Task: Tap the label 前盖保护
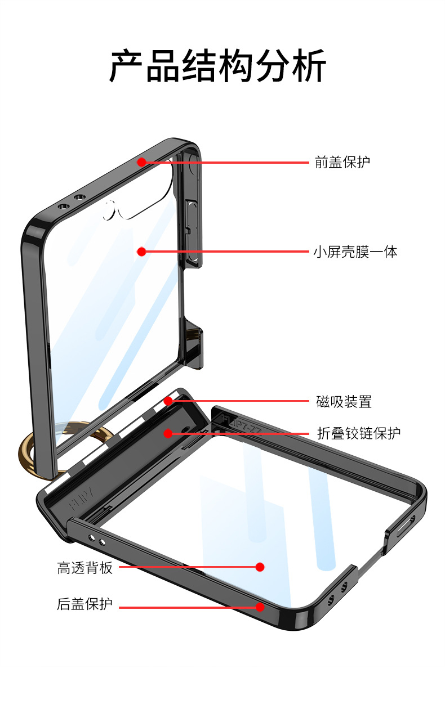[342, 163]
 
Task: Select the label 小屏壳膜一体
[355, 252]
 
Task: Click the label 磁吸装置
[344, 402]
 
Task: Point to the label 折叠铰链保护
[359, 433]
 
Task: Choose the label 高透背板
[85, 568]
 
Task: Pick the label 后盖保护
[85, 604]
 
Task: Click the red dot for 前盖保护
[141, 162]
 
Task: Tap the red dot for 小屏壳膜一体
[141, 252]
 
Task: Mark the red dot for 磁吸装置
[168, 401]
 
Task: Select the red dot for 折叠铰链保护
[168, 433]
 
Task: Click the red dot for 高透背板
[260, 567]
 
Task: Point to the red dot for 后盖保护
[260, 607]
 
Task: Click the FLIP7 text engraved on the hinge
[78, 501]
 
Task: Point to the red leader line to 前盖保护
[225, 162]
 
